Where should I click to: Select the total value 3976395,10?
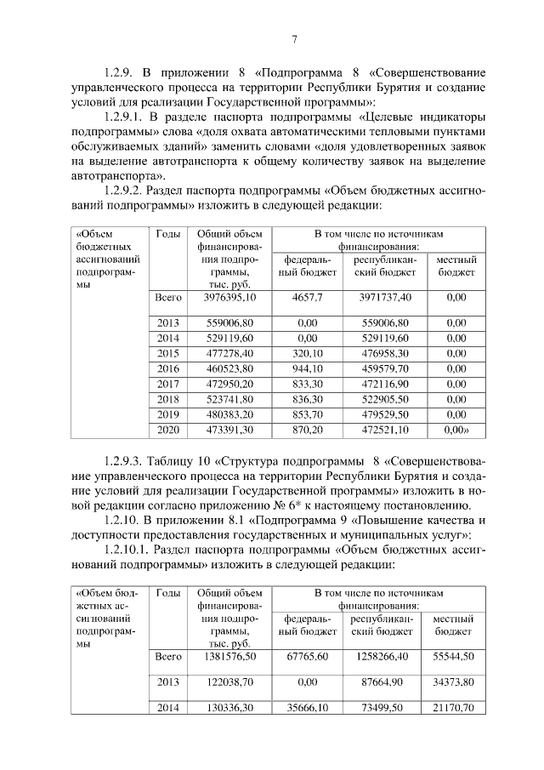[229, 298]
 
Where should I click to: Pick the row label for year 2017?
[168, 384]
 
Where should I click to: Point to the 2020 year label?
[168, 430]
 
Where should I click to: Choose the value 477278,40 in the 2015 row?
[229, 353]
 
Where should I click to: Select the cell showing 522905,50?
[385, 399]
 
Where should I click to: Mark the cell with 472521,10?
[385, 430]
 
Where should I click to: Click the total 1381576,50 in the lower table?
[229, 658]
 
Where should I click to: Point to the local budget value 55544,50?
[453, 658]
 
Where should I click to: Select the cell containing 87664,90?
[385, 683]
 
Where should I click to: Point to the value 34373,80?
[453, 683]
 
